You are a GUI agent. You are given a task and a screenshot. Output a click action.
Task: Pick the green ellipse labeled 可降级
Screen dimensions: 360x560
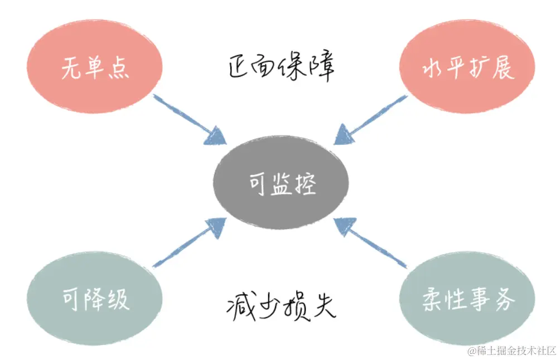pyautogui.click(x=95, y=299)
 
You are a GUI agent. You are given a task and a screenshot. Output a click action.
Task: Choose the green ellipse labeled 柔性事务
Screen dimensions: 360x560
pyautogui.click(x=467, y=299)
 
